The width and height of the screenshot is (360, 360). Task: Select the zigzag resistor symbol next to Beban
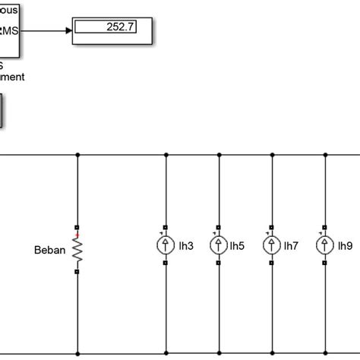click(77, 248)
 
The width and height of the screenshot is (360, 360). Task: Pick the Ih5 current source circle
click(219, 245)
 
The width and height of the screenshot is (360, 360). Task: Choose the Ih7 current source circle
click(272, 245)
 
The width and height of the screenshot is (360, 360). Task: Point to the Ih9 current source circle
click(325, 245)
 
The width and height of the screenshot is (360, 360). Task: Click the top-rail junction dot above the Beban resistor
click(77, 155)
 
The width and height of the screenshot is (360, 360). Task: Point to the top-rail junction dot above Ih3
click(166, 155)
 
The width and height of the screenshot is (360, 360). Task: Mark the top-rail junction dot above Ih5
click(219, 155)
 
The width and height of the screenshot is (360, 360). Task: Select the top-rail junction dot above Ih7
click(272, 155)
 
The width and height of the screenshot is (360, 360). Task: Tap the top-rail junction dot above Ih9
click(325, 155)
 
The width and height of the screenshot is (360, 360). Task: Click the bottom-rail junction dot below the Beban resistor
click(77, 354)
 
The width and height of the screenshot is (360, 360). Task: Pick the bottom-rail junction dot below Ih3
click(166, 354)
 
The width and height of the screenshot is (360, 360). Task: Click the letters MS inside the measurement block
click(13, 30)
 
